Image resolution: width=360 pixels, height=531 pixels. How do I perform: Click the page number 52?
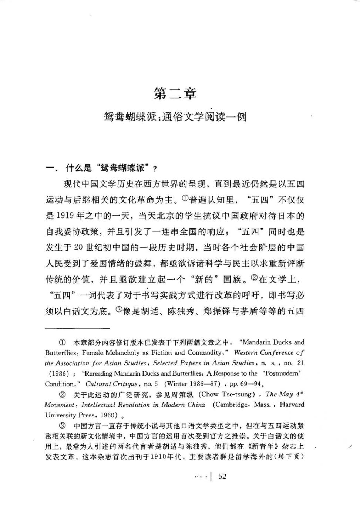(222, 476)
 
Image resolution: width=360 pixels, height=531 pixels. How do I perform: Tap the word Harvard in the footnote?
(292, 405)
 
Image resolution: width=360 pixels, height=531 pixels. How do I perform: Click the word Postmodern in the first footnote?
(283, 373)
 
